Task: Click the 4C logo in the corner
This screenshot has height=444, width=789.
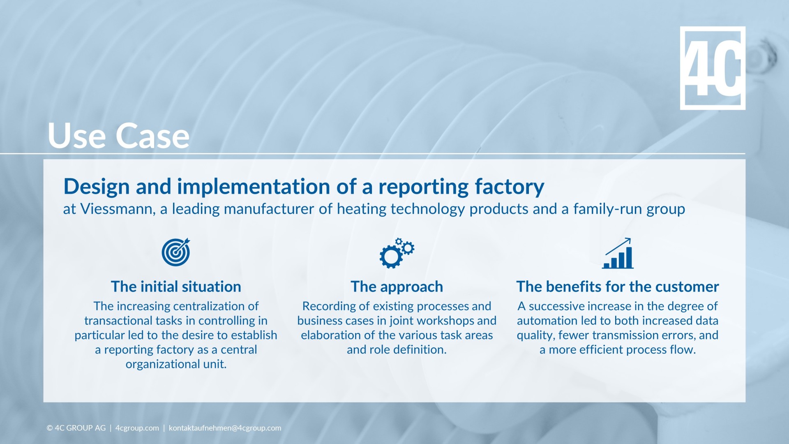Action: pos(712,68)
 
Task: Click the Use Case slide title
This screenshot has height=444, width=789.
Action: pos(118,136)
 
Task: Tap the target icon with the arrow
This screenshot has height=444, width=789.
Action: pos(176,252)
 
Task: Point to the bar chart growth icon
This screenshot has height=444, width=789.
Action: pos(618,254)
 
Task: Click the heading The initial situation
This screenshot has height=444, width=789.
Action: pos(176,287)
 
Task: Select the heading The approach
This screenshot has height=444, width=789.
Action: pos(397,287)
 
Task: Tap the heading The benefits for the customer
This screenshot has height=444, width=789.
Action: pos(617,287)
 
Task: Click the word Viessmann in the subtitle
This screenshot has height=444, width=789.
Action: pos(117,209)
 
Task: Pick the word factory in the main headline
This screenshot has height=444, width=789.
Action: pos(509,187)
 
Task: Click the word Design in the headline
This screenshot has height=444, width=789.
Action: pos(97,187)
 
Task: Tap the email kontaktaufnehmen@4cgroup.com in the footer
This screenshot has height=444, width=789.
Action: pos(225,428)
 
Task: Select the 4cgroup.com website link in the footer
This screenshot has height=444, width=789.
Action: pos(137,428)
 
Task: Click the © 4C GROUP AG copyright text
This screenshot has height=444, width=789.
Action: pos(76,428)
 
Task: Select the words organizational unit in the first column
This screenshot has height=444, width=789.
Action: pos(176,364)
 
